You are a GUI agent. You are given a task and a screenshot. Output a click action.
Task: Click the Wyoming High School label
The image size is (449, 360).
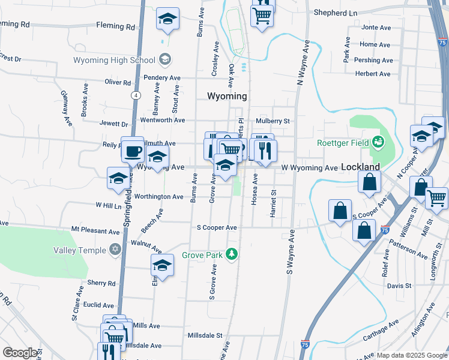114,60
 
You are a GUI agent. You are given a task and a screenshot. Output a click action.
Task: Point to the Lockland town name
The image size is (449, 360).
360,166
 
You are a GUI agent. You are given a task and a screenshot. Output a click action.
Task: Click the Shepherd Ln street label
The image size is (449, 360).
335,13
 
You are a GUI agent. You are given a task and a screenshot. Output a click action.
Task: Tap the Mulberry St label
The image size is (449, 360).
273,121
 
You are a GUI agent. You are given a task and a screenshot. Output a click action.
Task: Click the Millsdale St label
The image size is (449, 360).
205,335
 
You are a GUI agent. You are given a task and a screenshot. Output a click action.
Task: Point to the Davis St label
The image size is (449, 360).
399,286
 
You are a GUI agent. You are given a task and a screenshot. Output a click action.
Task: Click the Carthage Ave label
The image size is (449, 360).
381,331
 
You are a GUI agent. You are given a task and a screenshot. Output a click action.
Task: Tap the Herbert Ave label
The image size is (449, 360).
372,74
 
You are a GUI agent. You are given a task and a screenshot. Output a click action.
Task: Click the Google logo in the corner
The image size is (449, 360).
20,353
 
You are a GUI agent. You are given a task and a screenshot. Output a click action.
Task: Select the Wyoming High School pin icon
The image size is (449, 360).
164,59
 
